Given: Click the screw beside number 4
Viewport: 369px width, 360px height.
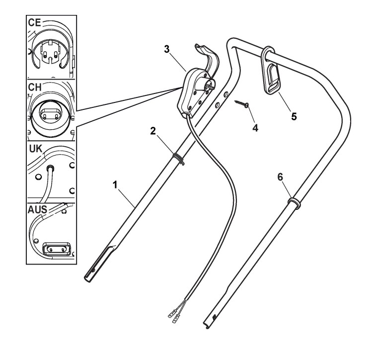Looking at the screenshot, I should click(241, 103).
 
